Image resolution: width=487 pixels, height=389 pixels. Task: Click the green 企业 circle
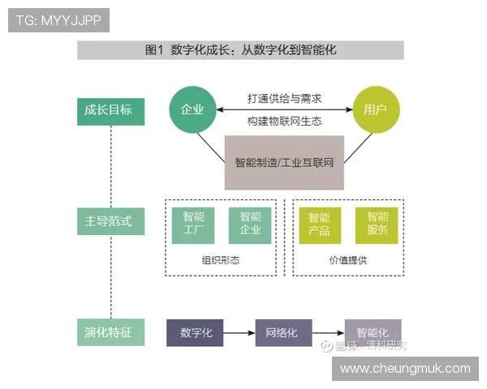click(x=192, y=110)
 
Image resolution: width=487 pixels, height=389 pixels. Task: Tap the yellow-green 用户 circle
click(x=376, y=110)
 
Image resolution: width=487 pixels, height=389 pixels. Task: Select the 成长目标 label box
click(x=110, y=110)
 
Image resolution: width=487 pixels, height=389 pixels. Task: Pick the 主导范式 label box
click(x=110, y=221)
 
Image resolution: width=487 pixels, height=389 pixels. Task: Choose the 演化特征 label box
click(x=110, y=332)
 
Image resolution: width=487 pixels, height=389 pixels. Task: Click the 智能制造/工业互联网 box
click(x=284, y=162)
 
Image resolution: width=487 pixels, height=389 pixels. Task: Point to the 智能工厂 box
click(x=193, y=224)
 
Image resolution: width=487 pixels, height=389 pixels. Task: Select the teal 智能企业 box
click(x=251, y=224)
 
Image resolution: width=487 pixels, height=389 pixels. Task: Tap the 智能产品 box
click(x=320, y=224)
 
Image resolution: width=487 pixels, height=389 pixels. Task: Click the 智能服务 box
click(x=377, y=224)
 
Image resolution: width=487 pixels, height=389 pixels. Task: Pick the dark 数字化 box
click(x=195, y=333)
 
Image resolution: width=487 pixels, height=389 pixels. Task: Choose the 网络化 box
click(x=283, y=333)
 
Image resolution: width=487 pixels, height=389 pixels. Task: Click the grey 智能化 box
click(x=373, y=331)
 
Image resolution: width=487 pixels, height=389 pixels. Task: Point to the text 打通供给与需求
click(x=284, y=98)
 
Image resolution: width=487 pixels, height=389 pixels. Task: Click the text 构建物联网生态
click(x=284, y=121)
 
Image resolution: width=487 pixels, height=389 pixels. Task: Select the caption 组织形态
click(x=221, y=261)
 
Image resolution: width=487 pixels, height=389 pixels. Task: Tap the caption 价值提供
click(x=348, y=261)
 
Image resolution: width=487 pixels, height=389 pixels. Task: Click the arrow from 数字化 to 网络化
click(x=239, y=333)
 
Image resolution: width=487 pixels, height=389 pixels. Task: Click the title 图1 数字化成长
click(x=240, y=50)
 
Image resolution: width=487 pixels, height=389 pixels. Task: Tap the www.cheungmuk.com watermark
click(x=405, y=369)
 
